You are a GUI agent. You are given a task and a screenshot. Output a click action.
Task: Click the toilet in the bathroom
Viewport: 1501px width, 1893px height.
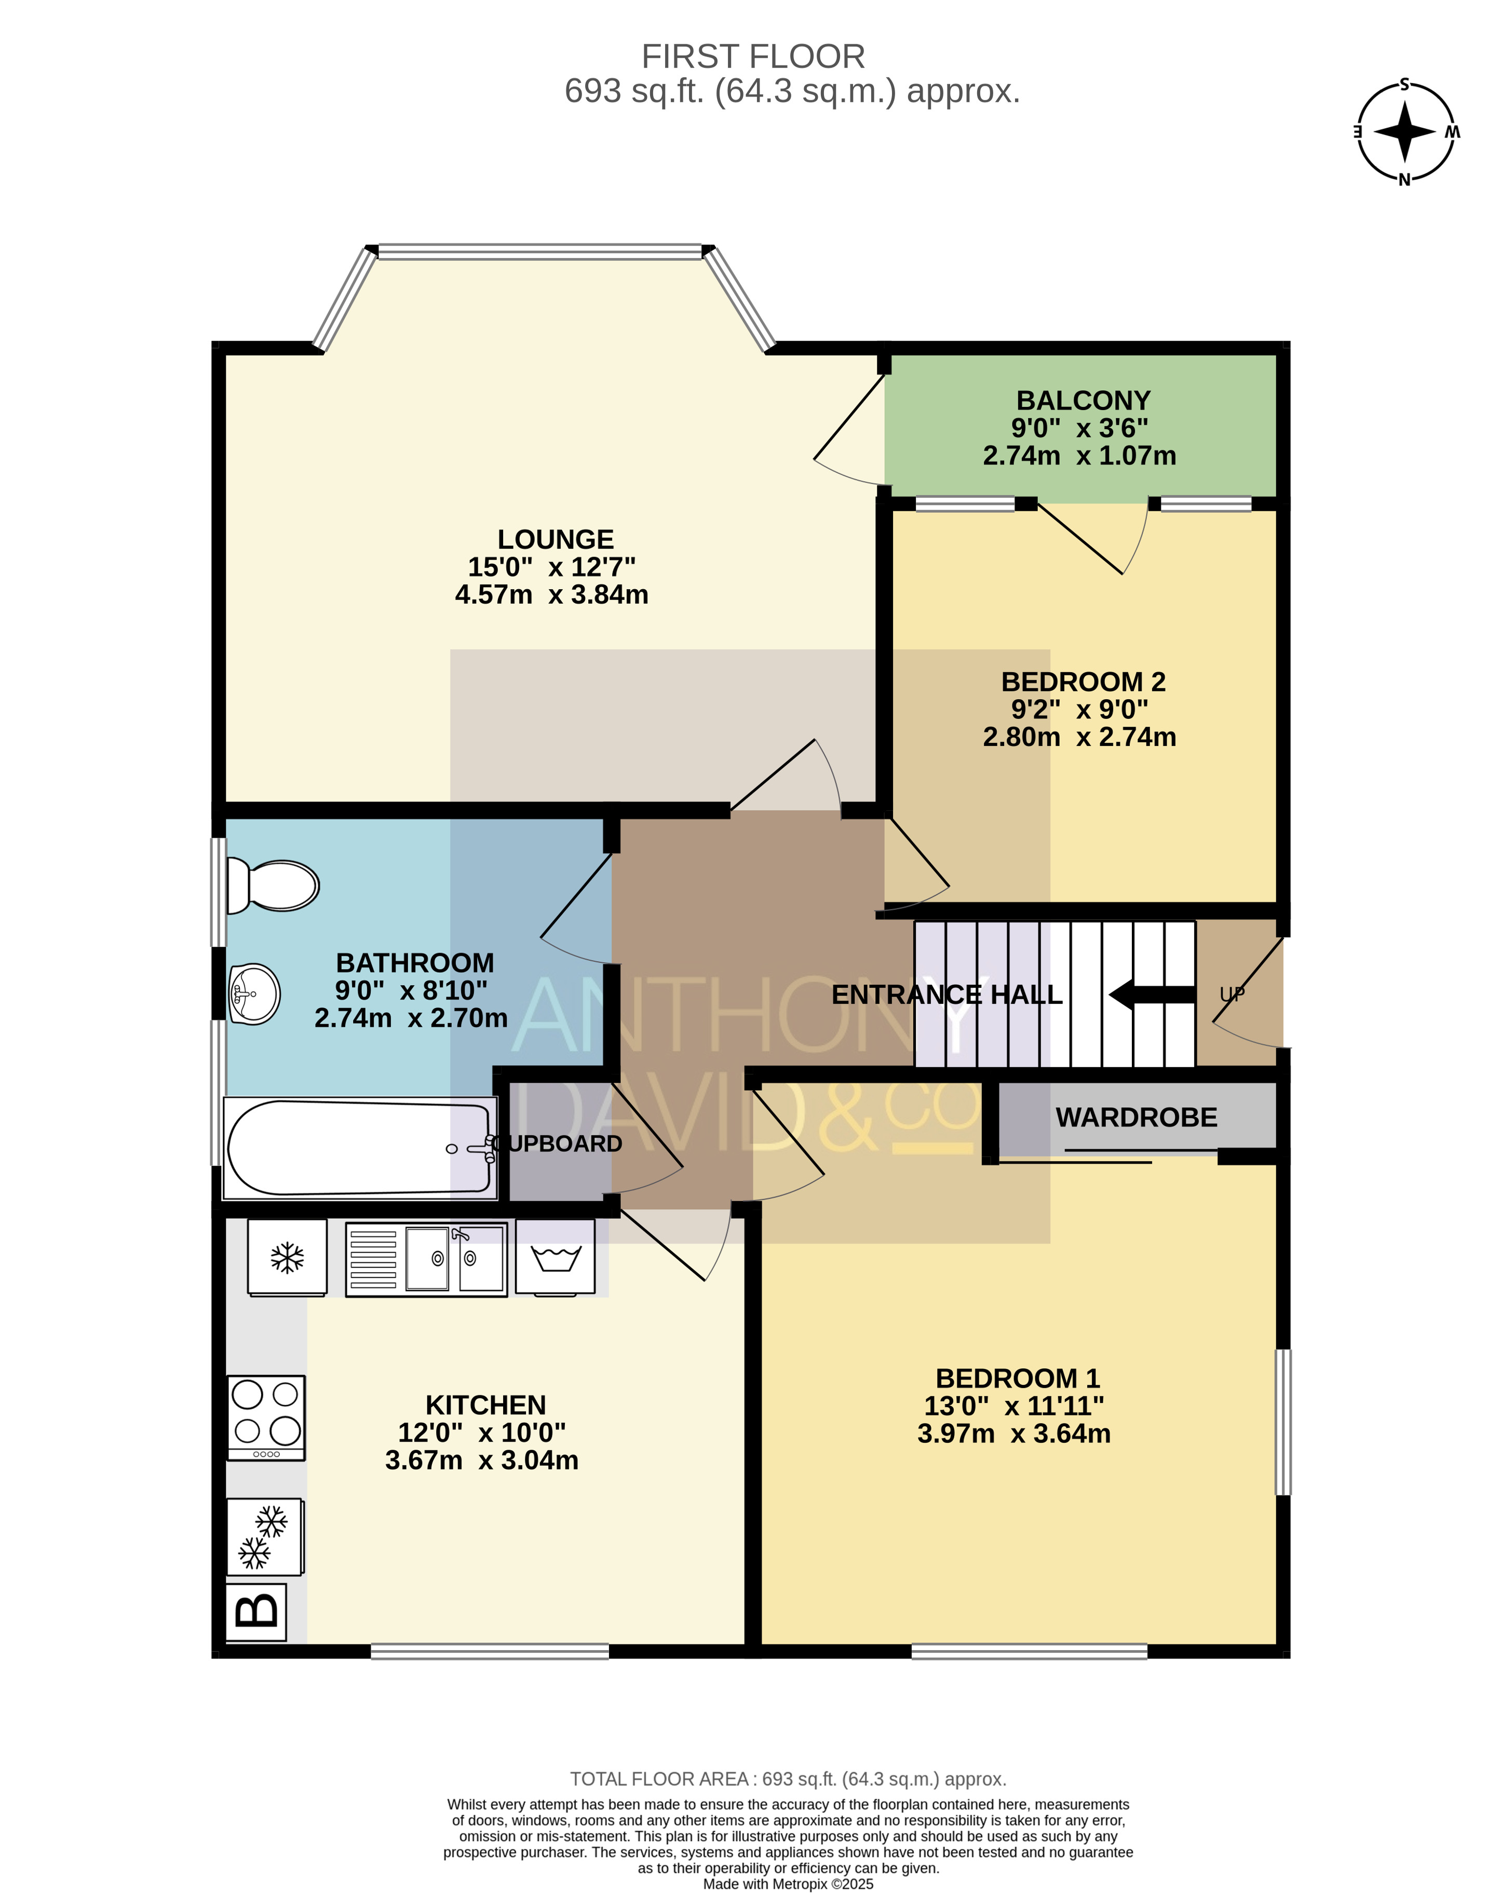click(272, 885)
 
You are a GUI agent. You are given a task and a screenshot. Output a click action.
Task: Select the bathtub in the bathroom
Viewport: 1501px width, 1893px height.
click(360, 1148)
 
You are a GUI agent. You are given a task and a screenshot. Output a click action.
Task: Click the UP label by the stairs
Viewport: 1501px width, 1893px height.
click(1232, 995)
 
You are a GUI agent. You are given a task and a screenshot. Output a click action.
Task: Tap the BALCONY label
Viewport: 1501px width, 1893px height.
click(1083, 400)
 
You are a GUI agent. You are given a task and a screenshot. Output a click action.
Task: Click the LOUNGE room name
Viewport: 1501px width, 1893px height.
click(555, 539)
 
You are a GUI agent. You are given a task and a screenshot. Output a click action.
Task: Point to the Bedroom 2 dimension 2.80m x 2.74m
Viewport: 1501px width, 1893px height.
click(1079, 737)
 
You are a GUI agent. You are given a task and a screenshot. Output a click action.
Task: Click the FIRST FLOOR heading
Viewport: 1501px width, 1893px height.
click(753, 56)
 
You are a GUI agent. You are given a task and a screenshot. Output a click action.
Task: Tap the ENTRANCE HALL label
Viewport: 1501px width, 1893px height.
click(947, 995)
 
